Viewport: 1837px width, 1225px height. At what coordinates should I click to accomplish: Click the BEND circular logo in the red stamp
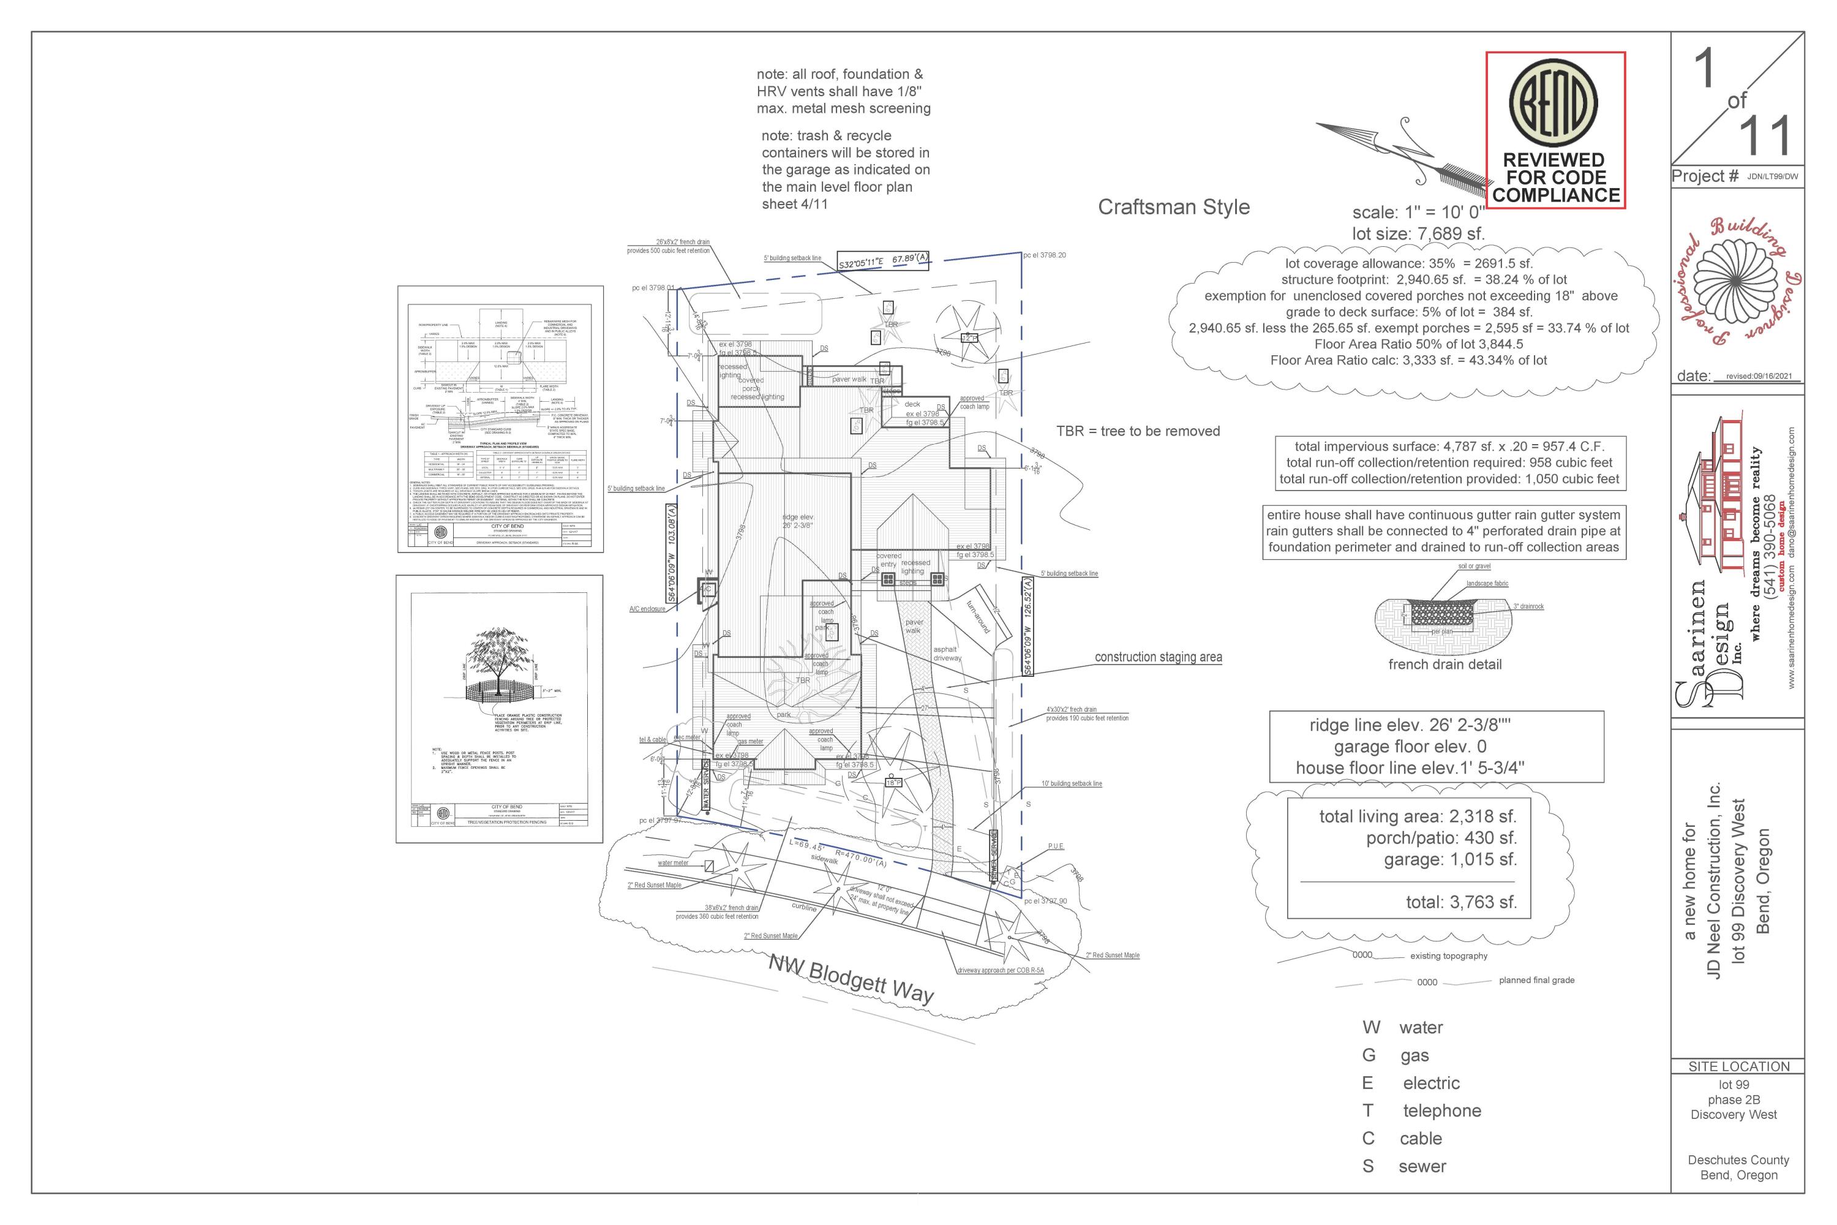pos(1553,103)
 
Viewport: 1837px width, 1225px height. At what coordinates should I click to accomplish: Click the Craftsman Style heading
pos(1173,207)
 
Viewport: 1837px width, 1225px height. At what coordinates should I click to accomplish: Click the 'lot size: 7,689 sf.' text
pos(1418,233)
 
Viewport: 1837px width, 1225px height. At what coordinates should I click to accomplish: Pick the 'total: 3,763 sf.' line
pos(1461,902)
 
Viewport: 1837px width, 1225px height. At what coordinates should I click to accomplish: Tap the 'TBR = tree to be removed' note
pos(1137,431)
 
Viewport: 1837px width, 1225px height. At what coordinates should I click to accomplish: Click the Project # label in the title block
pos(1705,176)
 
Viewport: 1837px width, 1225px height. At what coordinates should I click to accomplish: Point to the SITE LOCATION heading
pos(1738,1066)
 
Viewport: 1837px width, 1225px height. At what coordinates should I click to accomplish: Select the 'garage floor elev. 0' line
pos(1410,747)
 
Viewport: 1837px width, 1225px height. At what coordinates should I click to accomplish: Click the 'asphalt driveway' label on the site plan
pos(946,654)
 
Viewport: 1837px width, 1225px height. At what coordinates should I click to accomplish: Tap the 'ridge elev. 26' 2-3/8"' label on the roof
pos(797,521)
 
